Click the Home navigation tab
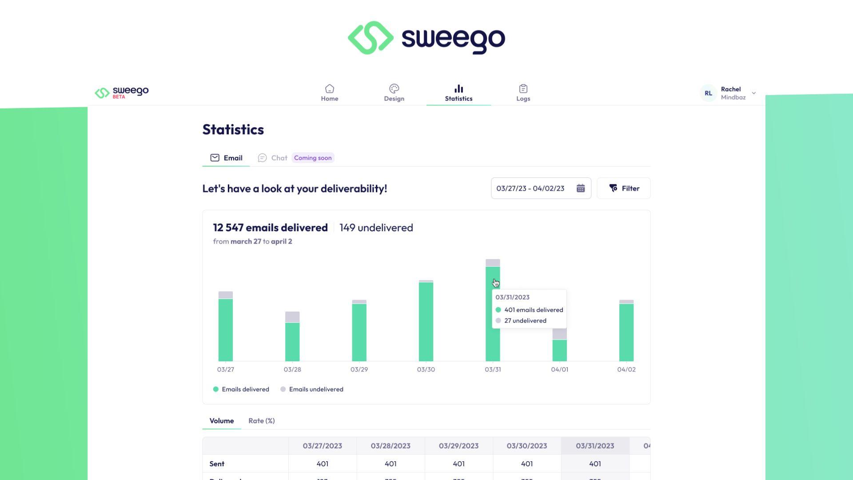329,93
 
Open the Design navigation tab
394,93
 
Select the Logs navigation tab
523,93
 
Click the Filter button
624,188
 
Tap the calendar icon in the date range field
581,188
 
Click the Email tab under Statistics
226,158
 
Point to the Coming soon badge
313,158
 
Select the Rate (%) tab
261,421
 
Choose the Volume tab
221,421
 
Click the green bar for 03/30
426,322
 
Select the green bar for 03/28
292,342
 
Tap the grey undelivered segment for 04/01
559,334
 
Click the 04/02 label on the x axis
626,369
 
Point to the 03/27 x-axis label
225,369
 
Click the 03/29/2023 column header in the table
458,446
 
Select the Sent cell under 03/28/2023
391,464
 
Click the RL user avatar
708,93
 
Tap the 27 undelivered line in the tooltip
525,321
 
